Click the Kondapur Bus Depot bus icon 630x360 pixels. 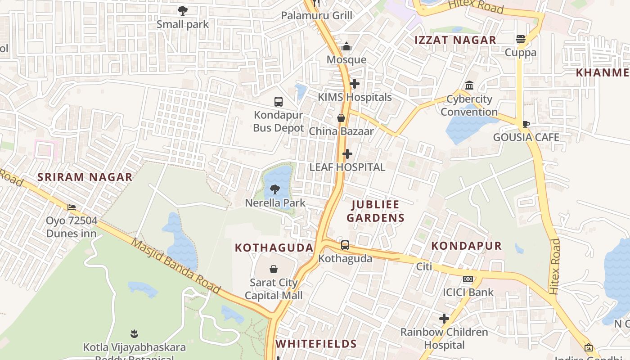point(279,102)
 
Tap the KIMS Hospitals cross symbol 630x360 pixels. point(355,84)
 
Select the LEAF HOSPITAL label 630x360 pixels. point(347,167)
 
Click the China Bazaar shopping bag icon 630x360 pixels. point(341,118)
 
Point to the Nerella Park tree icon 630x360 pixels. point(275,189)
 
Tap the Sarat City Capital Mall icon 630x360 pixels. point(273,269)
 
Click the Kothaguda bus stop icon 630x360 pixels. point(345,245)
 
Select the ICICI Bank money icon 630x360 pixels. point(468,279)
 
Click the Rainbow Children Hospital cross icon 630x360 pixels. point(444,319)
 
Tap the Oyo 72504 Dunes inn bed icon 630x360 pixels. point(72,207)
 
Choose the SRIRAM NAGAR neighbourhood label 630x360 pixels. point(85,177)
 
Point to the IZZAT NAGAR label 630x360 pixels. point(455,40)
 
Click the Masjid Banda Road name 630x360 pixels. point(176,265)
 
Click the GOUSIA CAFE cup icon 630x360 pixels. point(526,124)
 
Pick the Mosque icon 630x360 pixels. point(346,46)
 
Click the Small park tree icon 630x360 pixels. point(182,10)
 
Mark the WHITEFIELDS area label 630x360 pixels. point(316,344)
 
